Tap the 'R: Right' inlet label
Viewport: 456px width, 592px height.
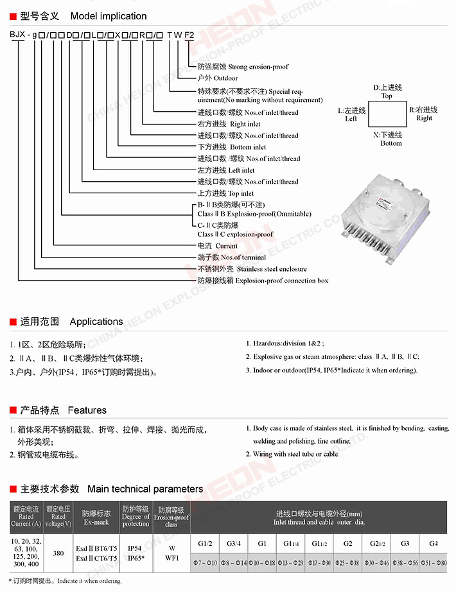pos(424,114)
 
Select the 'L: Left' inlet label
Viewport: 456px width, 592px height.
pos(351,114)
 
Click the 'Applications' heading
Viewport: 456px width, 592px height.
pos(96,322)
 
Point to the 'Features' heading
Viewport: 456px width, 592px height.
pos(87,410)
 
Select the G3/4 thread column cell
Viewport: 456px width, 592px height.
pos(234,543)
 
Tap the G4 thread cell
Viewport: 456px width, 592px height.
pos(434,543)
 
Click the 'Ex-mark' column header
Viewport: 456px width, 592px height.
pos(96,518)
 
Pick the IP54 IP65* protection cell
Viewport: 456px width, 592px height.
pos(136,553)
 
